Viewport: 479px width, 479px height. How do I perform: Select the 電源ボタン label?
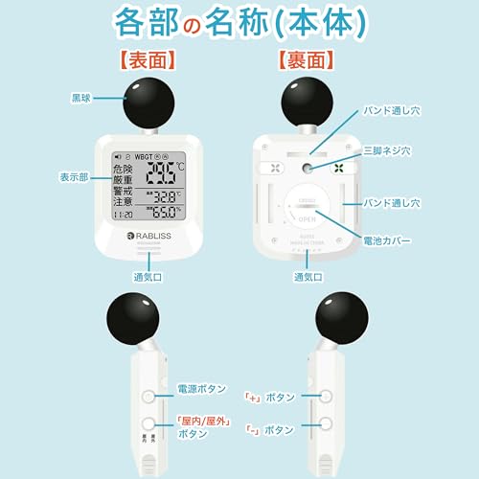[x=202, y=389]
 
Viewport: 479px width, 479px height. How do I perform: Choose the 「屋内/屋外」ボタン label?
[x=202, y=425]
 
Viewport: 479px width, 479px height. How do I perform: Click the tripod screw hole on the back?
[x=307, y=167]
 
